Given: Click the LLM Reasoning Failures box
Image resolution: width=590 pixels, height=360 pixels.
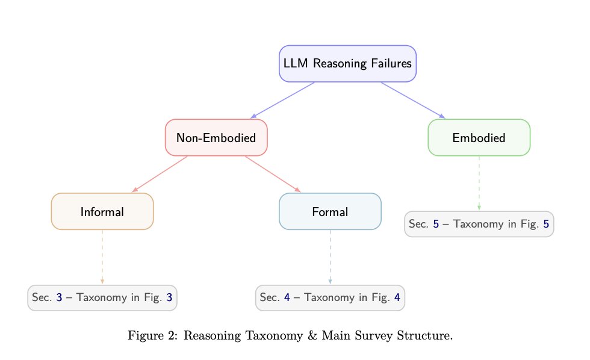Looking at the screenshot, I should coord(347,63).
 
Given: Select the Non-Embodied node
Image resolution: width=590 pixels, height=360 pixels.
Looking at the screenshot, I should coord(216,138).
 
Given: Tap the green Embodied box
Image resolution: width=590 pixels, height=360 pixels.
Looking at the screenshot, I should coord(479,138).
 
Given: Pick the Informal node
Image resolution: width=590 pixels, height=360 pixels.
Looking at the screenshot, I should coord(102,212).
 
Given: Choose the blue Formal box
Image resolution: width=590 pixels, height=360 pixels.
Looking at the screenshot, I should coord(330,212).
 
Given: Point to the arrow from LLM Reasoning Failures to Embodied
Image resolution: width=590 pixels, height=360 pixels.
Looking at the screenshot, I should coord(413,100).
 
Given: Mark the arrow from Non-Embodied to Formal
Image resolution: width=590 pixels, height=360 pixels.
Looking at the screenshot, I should coord(273,175).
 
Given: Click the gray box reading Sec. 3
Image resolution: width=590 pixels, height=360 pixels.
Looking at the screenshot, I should coord(102,297).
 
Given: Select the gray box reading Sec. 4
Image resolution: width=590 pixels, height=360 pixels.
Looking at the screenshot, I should coord(330,297).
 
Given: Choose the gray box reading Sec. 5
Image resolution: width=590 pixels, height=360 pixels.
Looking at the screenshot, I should coord(479,224).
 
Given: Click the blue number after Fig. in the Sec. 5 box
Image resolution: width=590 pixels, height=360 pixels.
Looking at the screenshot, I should coord(545,225).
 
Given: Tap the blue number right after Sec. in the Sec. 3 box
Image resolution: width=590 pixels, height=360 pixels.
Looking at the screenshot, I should coord(59,297).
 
